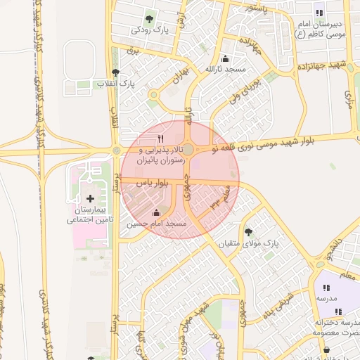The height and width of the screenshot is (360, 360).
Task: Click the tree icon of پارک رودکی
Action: (x=148, y=19)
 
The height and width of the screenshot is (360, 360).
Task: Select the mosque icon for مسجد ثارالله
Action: (x=224, y=58)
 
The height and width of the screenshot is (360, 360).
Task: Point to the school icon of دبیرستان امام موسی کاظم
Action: (x=319, y=13)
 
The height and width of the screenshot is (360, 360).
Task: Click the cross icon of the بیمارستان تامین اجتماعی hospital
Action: (x=89, y=200)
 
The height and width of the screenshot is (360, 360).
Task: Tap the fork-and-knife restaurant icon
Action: (x=161, y=138)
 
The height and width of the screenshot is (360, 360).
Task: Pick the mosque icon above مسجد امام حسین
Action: (x=156, y=212)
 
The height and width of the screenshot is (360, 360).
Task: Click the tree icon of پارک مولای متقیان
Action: (x=247, y=231)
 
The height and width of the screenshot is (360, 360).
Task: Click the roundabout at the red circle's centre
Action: (x=188, y=149)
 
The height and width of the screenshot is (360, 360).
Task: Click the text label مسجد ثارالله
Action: (x=225, y=69)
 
